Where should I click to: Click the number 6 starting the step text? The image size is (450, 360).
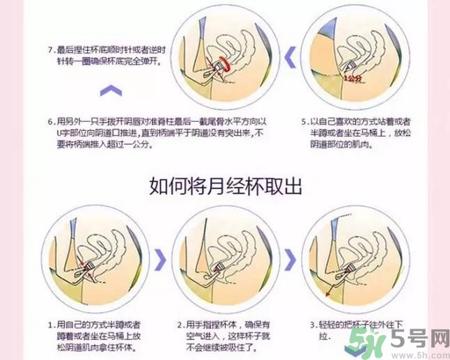[x=50, y=119]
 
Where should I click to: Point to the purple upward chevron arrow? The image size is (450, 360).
[x=111, y=90]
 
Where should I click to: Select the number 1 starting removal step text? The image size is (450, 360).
[x=50, y=325]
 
